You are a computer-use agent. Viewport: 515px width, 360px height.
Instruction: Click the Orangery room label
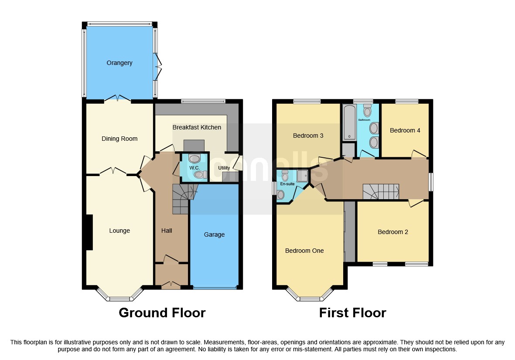(x=119, y=63)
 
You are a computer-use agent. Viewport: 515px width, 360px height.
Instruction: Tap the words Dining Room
(x=119, y=139)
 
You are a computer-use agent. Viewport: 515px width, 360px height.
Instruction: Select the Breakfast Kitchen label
(x=197, y=127)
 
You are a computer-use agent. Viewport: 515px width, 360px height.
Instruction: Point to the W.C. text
(x=194, y=168)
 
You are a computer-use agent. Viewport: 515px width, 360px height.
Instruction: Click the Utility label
(x=224, y=168)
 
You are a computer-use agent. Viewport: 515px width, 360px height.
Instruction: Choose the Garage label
(x=214, y=234)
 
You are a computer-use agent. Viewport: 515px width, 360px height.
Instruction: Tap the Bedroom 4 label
(x=405, y=130)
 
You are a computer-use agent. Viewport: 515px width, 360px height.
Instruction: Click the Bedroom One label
(x=304, y=251)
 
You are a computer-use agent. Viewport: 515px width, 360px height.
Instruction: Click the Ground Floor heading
(x=162, y=313)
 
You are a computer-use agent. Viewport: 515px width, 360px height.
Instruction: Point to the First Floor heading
(x=352, y=313)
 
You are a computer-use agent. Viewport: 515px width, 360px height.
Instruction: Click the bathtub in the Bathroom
(x=350, y=122)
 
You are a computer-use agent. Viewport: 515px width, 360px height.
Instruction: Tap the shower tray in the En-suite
(x=302, y=175)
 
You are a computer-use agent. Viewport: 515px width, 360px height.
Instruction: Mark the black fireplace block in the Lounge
(x=89, y=232)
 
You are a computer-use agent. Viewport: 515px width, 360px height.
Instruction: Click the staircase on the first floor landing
(x=381, y=191)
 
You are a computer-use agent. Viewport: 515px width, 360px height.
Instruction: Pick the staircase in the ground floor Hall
(x=181, y=199)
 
